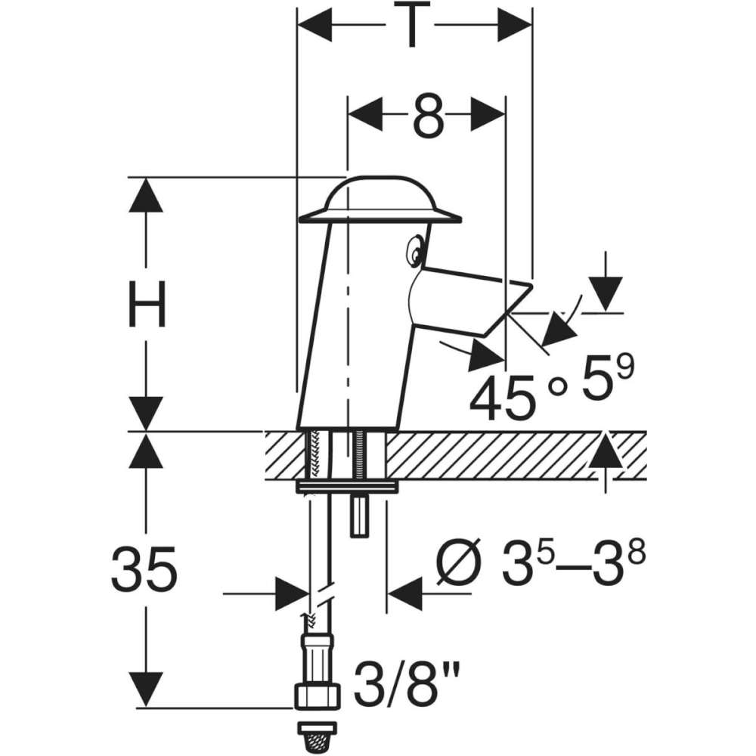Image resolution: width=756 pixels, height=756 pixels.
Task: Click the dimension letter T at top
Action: pos(411,24)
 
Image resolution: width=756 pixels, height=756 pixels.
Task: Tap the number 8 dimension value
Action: pos(428,116)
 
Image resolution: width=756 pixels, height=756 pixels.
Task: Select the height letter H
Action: pos(147,304)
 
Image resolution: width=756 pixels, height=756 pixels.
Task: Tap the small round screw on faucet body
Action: pos(414,251)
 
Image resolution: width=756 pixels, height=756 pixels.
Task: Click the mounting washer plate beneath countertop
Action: pos(347,487)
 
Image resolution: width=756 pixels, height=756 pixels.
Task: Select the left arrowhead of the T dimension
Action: pos(314,24)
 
